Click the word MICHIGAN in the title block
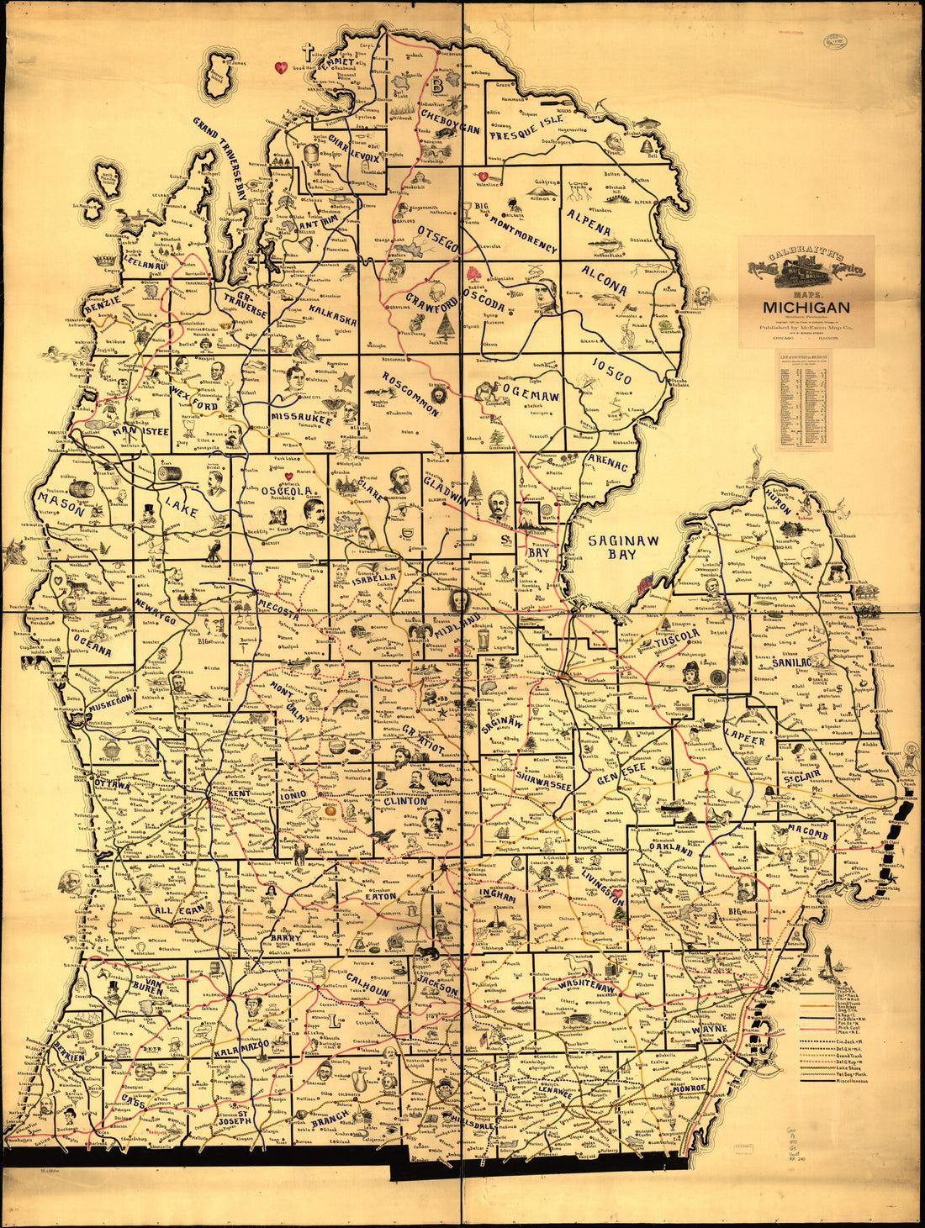click(806, 308)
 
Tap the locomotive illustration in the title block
click(806, 270)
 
